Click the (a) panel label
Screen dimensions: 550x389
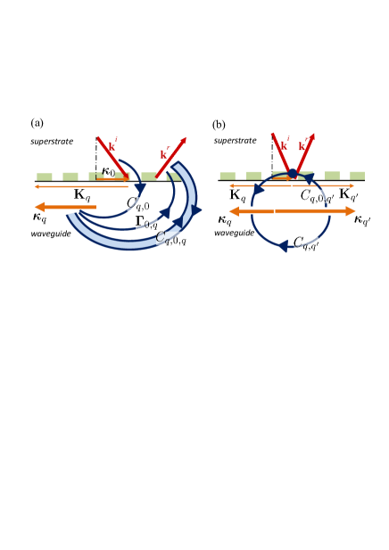[37, 123]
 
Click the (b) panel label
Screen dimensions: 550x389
[219, 125]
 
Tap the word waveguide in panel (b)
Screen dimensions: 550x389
[236, 233]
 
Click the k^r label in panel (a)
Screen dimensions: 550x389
[165, 153]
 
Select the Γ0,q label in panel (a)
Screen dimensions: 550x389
[146, 222]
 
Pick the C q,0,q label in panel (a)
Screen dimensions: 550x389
[170, 237]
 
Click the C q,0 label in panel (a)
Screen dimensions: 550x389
[137, 203]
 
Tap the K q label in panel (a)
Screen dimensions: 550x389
[82, 194]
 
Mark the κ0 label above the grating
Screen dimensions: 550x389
[108, 172]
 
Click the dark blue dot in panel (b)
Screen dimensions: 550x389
[292, 173]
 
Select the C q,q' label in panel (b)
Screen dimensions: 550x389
[306, 242]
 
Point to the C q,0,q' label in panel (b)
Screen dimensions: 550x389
[316, 195]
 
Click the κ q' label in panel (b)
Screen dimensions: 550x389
[361, 220]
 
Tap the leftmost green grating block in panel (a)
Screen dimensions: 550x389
[44, 176]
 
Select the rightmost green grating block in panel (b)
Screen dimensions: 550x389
[357, 176]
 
